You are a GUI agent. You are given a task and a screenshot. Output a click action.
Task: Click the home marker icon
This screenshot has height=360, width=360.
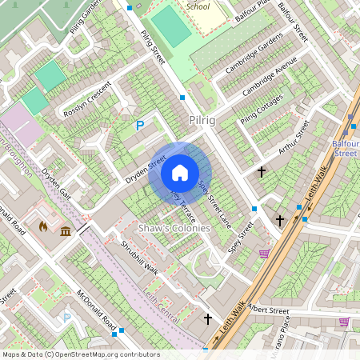click(180, 173)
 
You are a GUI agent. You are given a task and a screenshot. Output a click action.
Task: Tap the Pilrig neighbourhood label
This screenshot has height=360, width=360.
click(202, 119)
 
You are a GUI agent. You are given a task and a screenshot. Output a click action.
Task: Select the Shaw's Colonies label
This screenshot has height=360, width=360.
click(174, 229)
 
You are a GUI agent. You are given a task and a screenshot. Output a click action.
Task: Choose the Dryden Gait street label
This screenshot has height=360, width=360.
click(57, 184)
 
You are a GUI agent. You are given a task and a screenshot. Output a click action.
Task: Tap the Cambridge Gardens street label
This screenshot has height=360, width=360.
click(254, 54)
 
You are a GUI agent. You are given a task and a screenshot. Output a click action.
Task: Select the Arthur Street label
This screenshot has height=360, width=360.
click(293, 135)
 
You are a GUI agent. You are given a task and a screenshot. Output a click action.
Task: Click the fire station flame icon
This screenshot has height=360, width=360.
click(42, 227)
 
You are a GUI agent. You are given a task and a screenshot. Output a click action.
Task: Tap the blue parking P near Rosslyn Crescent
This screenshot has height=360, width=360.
click(140, 125)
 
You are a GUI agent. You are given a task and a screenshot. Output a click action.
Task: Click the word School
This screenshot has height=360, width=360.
click(198, 6)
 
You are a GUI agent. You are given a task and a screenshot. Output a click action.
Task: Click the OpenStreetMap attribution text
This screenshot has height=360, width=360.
click(80, 354)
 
